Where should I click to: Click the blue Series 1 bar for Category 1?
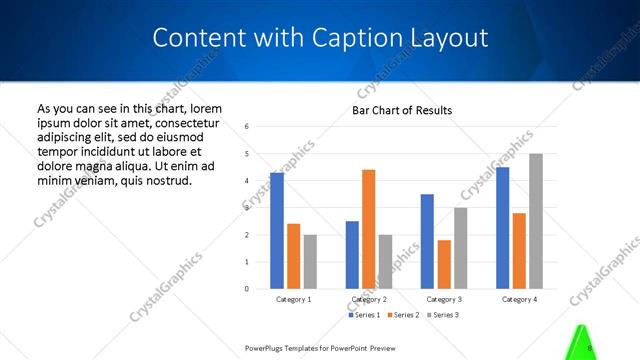tap(277, 231)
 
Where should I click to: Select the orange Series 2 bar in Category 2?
tap(369, 229)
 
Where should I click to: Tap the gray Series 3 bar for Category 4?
tap(536, 221)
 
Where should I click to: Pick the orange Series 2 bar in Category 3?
tap(444, 264)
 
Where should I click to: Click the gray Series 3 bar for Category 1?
tap(310, 262)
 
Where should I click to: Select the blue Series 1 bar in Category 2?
tap(352, 255)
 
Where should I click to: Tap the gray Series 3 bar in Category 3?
tap(461, 248)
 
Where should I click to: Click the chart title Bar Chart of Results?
tap(402, 110)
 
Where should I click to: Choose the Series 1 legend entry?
tap(364, 315)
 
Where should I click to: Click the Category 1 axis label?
tap(294, 299)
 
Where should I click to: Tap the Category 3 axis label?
tap(444, 299)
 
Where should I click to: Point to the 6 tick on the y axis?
tap(247, 127)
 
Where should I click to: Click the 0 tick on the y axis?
tap(247, 289)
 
